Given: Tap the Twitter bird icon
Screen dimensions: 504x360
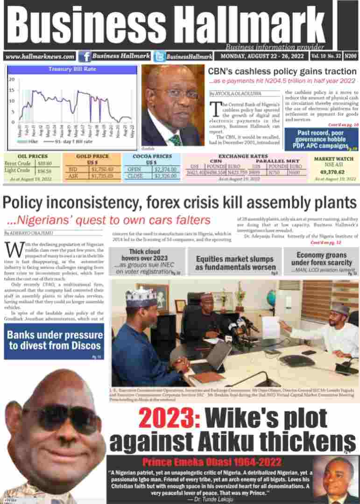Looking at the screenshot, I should coord(159,56).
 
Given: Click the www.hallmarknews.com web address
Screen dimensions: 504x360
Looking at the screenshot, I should coord(40,56).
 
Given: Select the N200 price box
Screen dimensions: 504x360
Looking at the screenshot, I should coord(351,56).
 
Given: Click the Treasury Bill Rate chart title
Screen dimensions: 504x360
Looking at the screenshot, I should coord(72,70).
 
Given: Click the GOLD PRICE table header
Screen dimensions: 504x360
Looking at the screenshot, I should coord(92,156).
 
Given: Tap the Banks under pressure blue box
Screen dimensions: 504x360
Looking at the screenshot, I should coord(54,341).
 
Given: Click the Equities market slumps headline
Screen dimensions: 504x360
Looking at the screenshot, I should coord(234,263).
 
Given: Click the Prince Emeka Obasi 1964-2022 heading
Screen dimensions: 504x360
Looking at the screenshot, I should coord(212,463).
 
